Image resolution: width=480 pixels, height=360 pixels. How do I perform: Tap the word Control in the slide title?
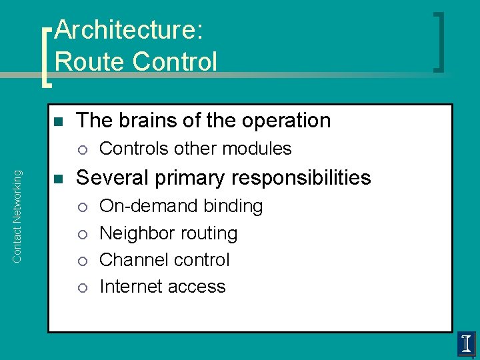point(175,61)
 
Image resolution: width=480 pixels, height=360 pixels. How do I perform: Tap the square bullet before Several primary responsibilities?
point(57,179)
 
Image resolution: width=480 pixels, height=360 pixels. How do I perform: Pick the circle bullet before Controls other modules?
point(81,149)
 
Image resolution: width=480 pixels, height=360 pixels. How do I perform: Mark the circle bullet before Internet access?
point(81,287)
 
